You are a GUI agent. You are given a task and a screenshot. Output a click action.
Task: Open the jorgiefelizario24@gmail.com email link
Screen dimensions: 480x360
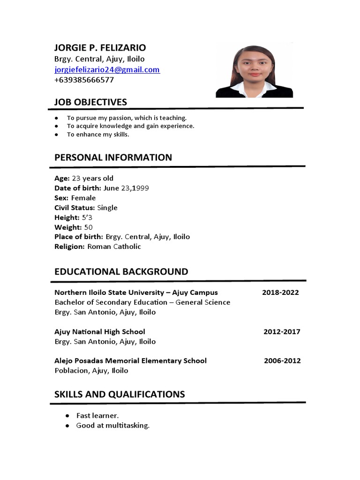107,70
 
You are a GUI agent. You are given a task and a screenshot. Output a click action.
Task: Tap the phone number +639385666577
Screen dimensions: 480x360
84,80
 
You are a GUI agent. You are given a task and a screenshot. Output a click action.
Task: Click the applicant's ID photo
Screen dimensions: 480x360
255,71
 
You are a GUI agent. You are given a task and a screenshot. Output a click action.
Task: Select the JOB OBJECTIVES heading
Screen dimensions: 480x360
90,102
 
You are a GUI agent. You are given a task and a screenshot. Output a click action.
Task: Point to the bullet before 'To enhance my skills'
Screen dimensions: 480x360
57,135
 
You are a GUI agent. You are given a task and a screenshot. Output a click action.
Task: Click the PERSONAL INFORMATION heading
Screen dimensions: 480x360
113,157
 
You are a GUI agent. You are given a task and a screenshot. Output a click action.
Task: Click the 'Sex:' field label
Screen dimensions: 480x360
61,198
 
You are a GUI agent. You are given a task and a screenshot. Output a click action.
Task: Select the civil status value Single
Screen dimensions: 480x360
107,208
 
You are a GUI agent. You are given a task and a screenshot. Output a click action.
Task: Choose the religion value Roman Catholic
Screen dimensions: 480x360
114,247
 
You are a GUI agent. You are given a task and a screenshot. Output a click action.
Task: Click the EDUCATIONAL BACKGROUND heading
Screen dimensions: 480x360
121,272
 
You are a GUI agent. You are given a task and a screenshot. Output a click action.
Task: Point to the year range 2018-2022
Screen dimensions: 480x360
280,292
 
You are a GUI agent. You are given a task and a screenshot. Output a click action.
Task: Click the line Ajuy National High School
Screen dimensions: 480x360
100,332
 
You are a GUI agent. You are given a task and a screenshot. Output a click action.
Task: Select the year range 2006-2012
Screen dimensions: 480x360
282,361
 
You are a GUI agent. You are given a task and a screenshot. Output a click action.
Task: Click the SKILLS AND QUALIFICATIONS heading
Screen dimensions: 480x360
120,394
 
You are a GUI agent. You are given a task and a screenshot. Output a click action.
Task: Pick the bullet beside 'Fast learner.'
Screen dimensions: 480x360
67,416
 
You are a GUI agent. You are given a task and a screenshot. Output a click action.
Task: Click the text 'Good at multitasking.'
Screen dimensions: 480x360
113,426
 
